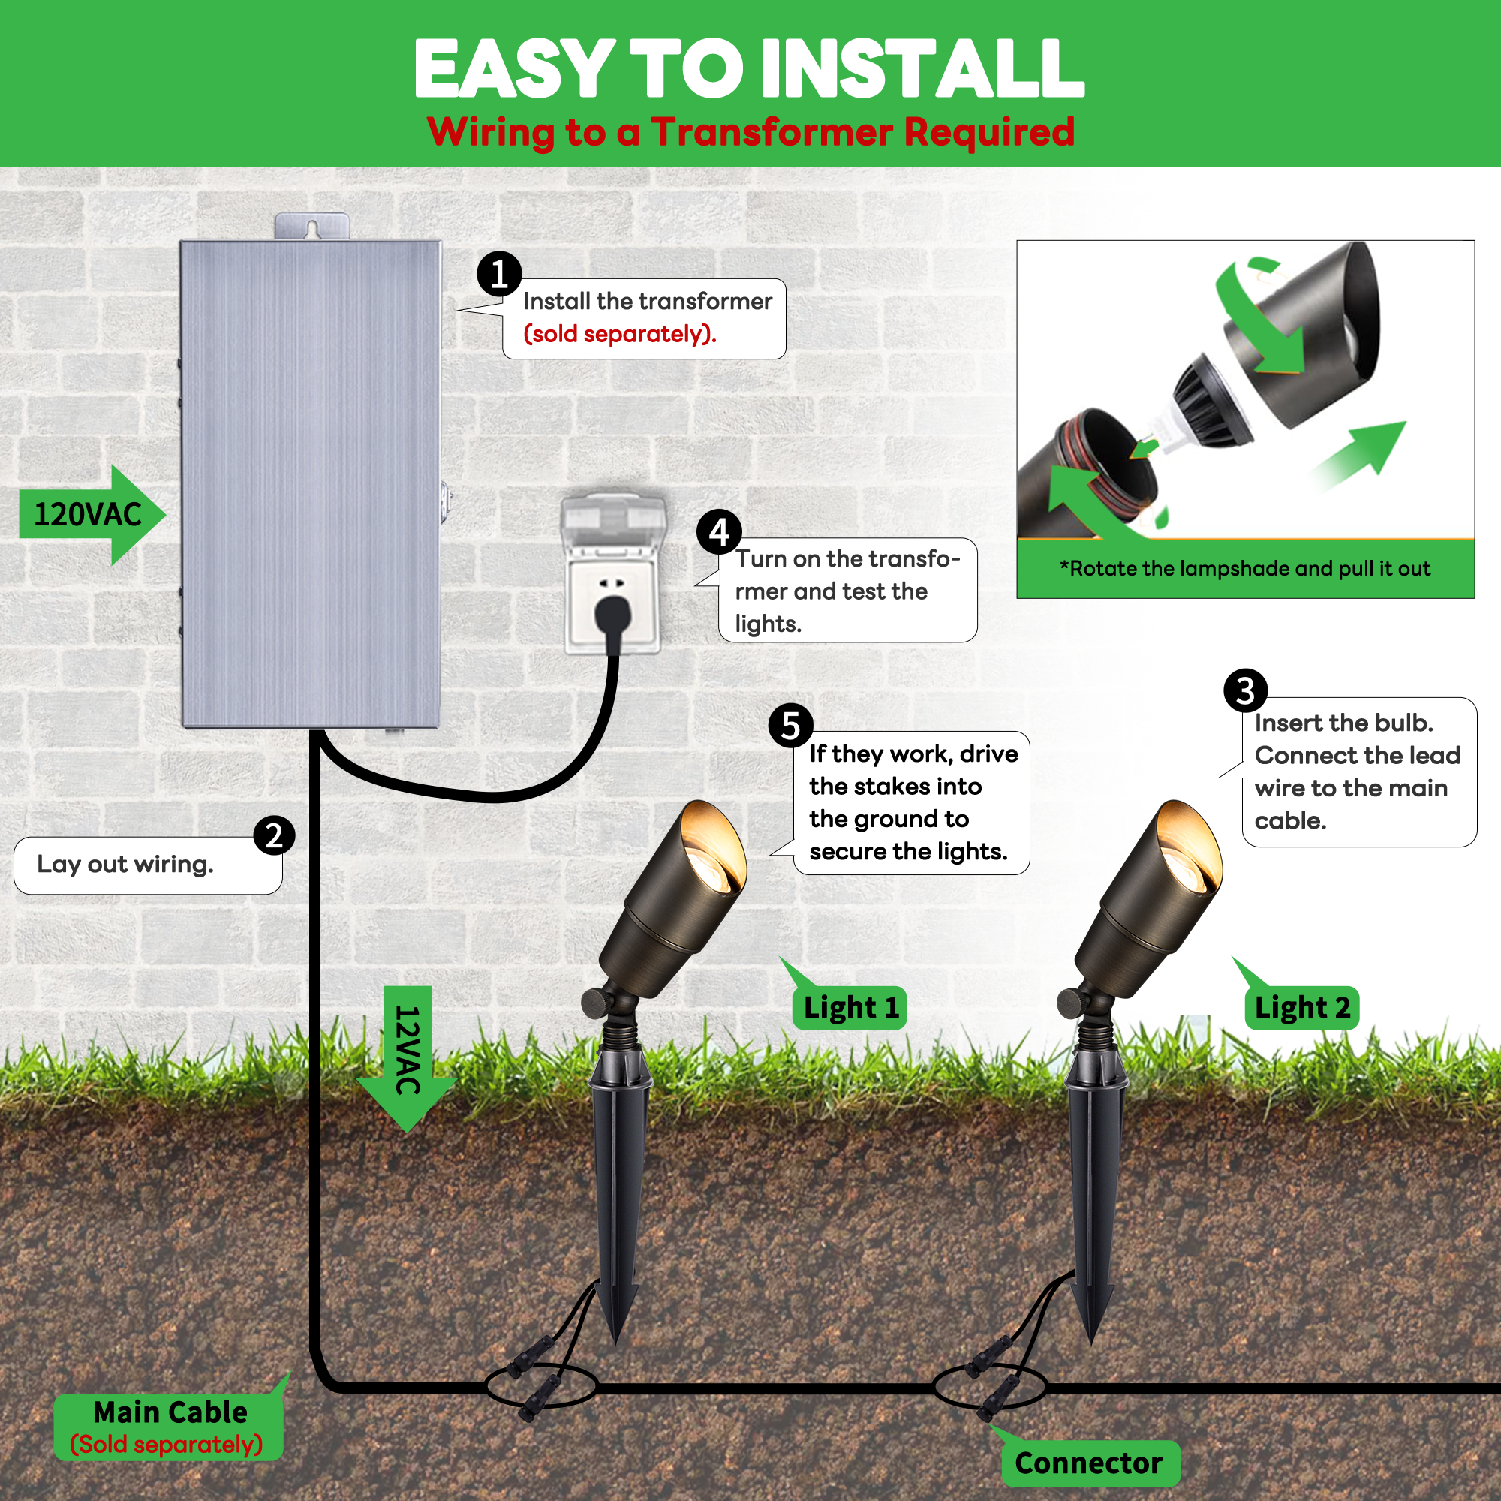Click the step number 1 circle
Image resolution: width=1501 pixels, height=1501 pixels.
pyautogui.click(x=499, y=273)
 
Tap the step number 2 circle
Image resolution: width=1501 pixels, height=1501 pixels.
pyautogui.click(x=273, y=835)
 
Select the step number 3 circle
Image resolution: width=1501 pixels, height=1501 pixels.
pyautogui.click(x=1244, y=690)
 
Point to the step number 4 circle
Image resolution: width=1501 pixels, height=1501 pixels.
pyautogui.click(x=719, y=531)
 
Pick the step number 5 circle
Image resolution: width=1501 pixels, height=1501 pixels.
pyautogui.click(x=790, y=726)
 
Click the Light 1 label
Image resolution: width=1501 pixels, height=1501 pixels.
pyautogui.click(x=850, y=1008)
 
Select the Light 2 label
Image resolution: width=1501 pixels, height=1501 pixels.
pyautogui.click(x=1302, y=1008)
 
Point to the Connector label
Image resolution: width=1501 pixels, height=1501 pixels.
pyautogui.click(x=1087, y=1463)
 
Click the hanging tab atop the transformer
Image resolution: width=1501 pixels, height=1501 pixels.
pyautogui.click(x=311, y=226)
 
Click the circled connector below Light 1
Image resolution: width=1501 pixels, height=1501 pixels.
pyautogui.click(x=540, y=1385)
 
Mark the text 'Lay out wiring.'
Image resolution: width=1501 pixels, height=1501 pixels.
pyautogui.click(x=125, y=864)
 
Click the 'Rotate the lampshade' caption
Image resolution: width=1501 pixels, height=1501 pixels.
pyautogui.click(x=1244, y=568)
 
